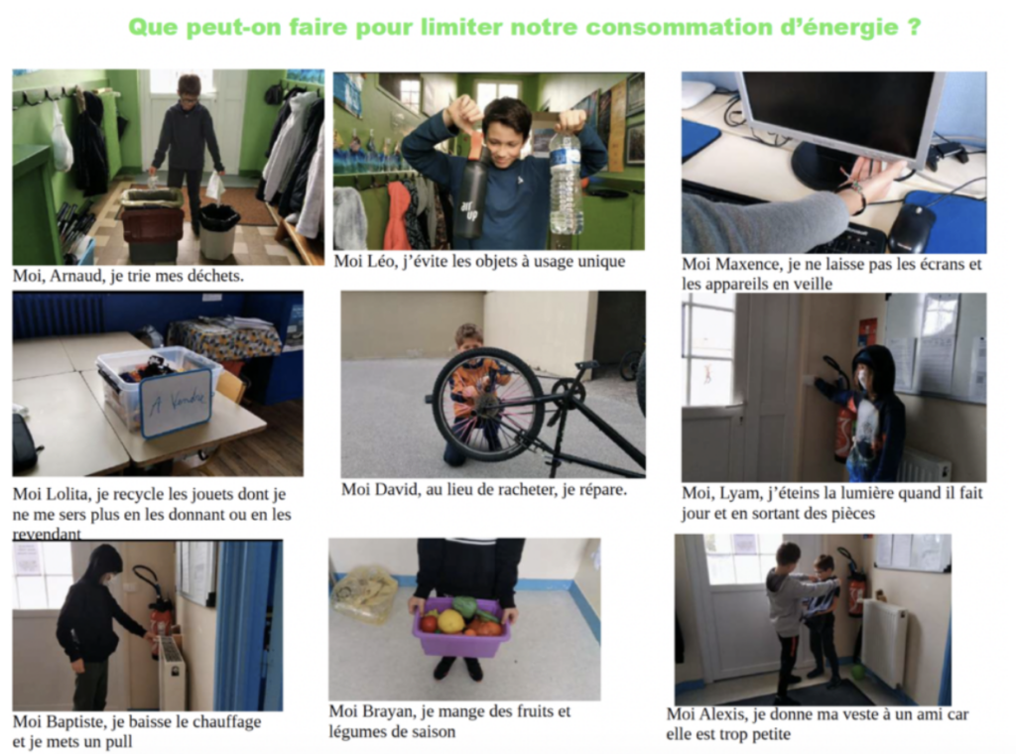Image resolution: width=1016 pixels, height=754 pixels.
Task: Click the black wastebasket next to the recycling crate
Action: point(219,231)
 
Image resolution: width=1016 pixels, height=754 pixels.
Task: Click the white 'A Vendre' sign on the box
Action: point(175,402)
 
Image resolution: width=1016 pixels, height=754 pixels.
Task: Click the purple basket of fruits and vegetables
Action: point(461,626)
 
